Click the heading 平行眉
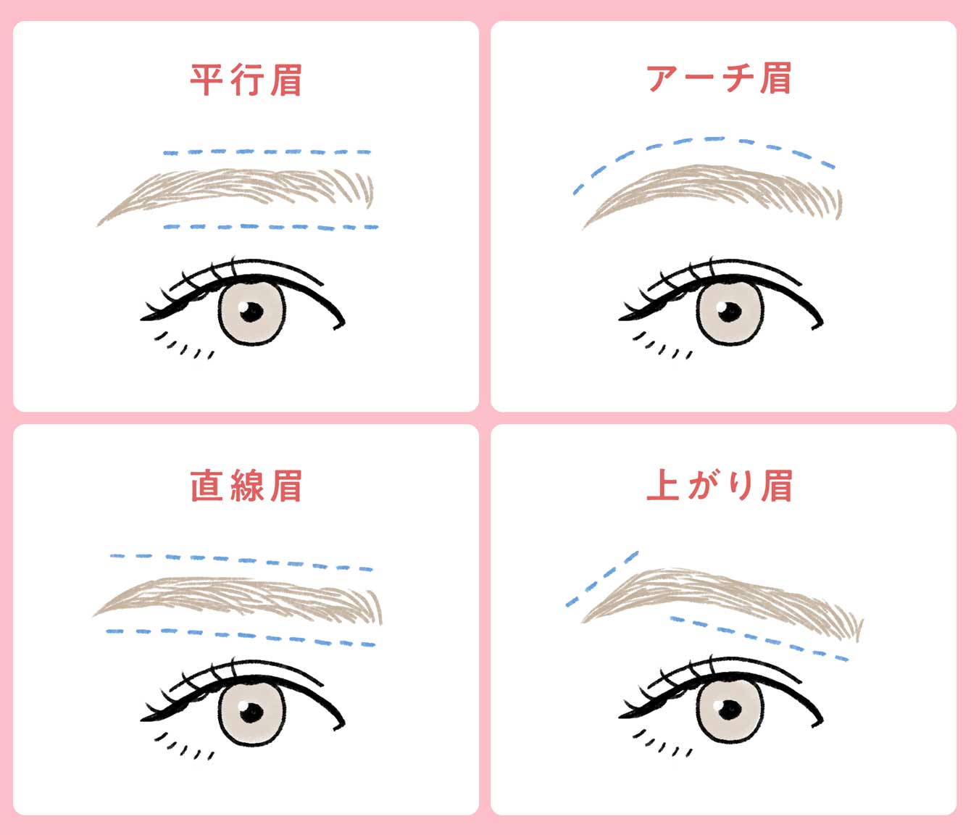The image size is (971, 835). point(246,80)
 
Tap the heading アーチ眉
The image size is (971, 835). point(720,78)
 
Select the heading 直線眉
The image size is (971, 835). point(246,486)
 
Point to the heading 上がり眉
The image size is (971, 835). point(720,486)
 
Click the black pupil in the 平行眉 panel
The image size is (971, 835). point(252,312)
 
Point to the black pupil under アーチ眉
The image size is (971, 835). point(730,312)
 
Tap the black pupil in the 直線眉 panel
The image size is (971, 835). point(252,713)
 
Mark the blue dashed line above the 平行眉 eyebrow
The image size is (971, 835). point(267,152)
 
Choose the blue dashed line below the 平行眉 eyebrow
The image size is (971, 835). point(270,228)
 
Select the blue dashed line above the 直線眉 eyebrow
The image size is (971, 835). point(241,562)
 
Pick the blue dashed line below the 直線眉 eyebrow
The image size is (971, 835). point(241,637)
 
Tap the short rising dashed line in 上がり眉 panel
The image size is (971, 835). point(602,579)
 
